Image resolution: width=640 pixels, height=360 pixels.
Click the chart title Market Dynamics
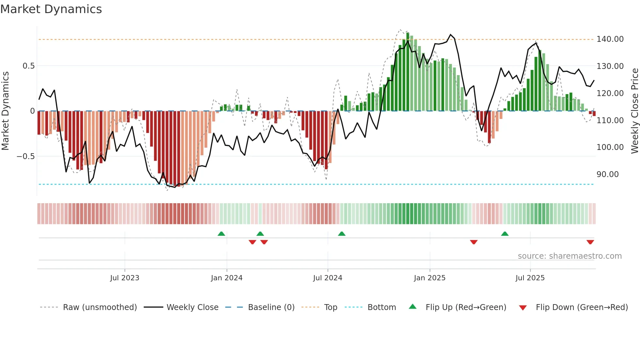51,9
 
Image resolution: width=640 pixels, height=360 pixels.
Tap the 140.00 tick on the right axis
610,39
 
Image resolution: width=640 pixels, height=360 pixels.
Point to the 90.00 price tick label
607,174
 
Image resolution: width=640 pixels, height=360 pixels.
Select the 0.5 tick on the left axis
28,66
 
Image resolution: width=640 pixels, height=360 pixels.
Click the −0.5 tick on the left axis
25,156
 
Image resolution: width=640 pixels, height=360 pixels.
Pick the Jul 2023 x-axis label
124,278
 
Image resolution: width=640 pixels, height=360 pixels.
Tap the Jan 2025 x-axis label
429,278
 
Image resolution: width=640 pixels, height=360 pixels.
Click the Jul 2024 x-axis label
328,278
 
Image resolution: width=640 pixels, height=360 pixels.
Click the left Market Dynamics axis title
5,111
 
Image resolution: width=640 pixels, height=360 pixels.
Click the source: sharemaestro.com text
569,256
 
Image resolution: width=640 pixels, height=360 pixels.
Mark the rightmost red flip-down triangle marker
590,242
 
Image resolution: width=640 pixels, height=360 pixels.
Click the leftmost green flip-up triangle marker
221,234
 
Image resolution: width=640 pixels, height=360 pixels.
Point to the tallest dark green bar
408,72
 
